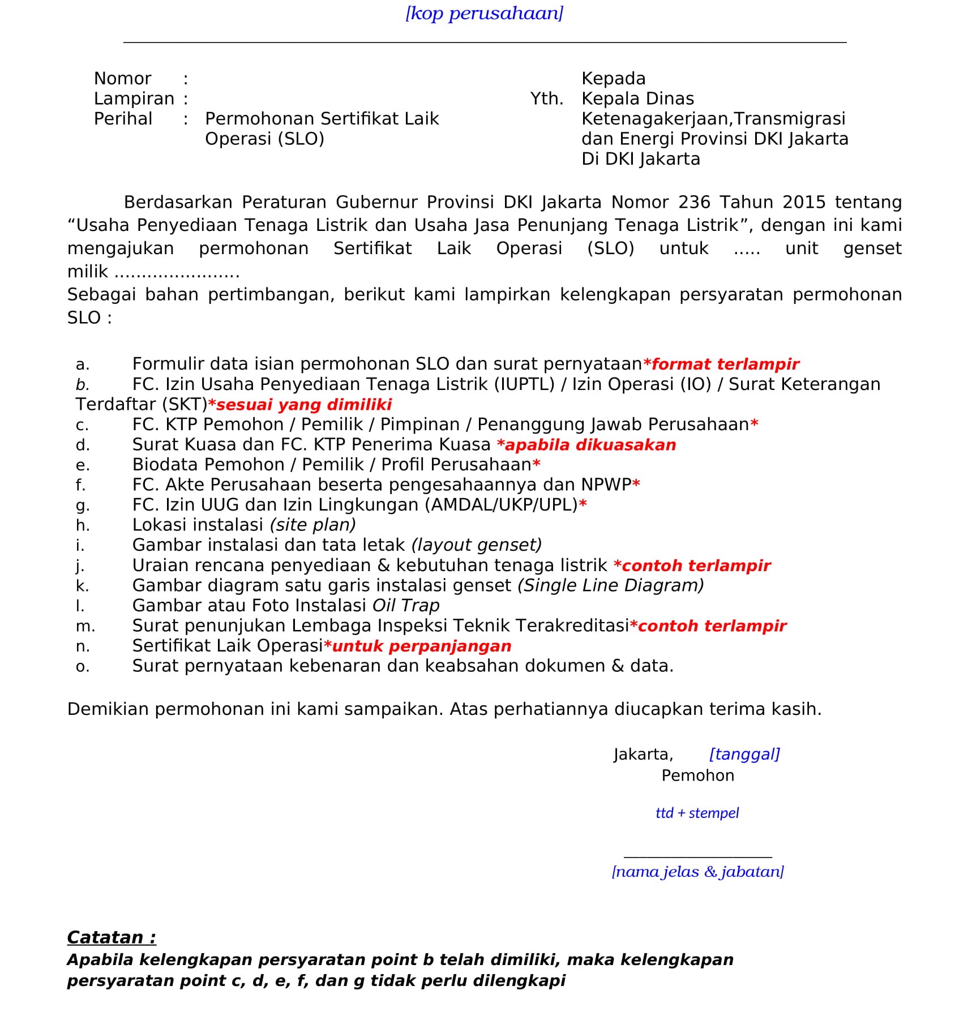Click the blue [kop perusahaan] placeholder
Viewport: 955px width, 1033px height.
pos(484,13)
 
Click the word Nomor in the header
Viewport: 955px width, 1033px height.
pos(122,78)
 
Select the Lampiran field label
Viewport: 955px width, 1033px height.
pos(134,98)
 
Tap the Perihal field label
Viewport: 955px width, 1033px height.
pos(123,119)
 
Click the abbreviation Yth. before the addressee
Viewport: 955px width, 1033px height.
pos(546,98)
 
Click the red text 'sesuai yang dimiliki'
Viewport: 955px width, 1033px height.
pos(303,405)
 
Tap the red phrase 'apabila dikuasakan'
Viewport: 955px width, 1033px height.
pos(590,445)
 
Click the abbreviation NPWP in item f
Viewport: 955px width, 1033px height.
pos(606,485)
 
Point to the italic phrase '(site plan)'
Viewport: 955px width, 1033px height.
pos(312,525)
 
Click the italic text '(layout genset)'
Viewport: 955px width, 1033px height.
pos(476,545)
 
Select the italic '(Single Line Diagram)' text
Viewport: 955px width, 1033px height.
pos(610,585)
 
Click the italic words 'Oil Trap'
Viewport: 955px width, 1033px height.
pos(406,606)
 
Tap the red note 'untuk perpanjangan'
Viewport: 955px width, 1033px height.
pos(421,646)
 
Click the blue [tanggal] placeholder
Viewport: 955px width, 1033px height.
pos(744,754)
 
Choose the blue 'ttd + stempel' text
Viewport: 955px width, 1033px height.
pos(697,813)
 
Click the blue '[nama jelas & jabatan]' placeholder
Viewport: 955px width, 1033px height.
pos(697,871)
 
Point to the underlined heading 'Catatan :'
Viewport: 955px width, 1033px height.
pos(112,937)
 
